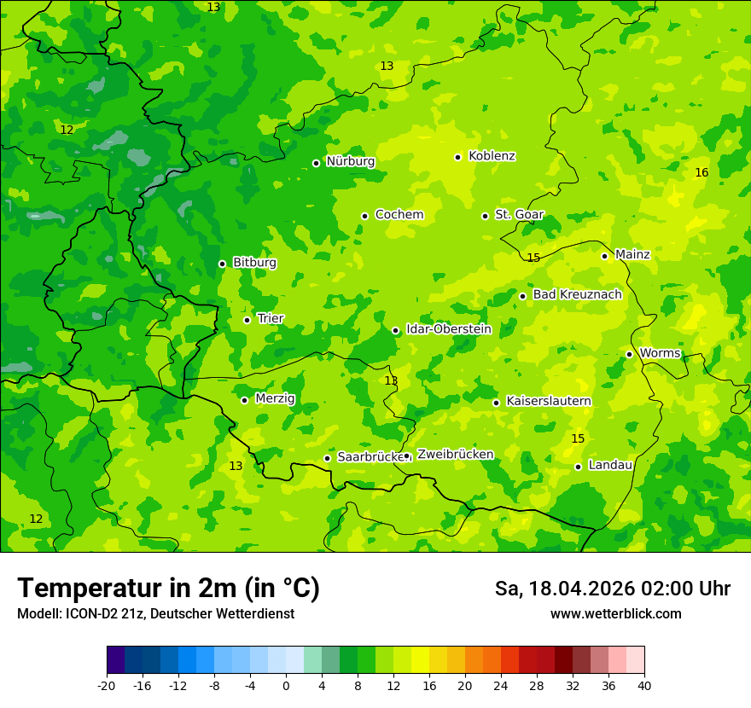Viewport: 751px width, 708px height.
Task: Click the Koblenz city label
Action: point(492,156)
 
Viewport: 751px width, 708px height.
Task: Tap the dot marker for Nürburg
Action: point(316,163)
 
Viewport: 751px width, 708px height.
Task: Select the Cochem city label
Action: point(399,215)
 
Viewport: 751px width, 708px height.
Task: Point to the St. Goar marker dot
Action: point(485,216)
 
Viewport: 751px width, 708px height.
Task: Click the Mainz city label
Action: point(632,255)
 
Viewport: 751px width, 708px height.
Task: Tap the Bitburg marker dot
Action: point(222,264)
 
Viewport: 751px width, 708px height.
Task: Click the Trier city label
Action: point(271,319)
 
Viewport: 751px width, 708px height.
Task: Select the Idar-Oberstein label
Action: point(448,329)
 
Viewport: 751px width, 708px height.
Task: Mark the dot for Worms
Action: point(629,354)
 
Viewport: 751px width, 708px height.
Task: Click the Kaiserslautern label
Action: point(549,402)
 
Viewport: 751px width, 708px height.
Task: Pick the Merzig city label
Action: point(275,399)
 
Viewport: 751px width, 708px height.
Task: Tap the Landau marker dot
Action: point(578,467)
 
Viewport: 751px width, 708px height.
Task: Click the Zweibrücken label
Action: point(455,455)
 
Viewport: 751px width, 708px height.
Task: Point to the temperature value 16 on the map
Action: point(702,173)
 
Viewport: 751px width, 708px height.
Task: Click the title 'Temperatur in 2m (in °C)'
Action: point(168,589)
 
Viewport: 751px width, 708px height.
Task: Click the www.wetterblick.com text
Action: point(615,614)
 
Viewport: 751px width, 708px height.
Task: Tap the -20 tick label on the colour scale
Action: point(107,686)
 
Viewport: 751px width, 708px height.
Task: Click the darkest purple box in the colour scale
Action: point(115,660)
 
